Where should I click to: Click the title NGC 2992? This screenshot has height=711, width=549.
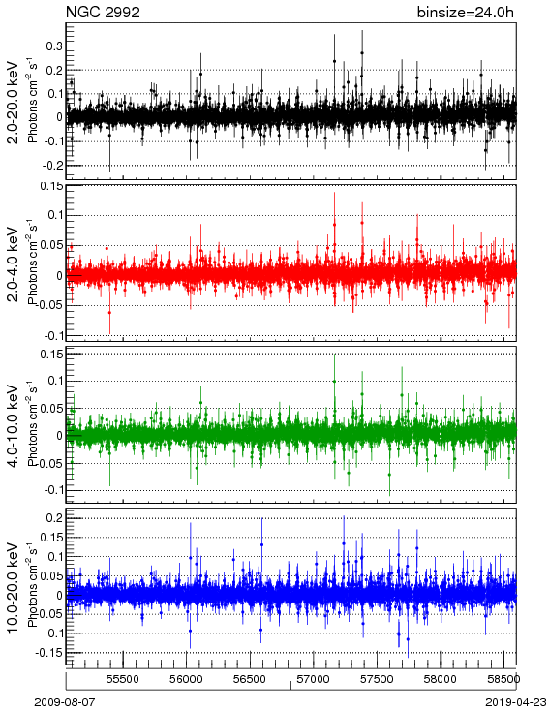[x=103, y=13]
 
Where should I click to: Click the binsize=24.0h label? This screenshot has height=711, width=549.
[x=466, y=13]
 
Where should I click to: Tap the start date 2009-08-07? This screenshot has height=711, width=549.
[x=65, y=702]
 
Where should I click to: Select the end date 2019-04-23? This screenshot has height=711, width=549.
[x=516, y=702]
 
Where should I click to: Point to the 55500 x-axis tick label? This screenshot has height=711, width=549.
[x=122, y=679]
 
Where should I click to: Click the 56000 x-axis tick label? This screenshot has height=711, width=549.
[x=186, y=679]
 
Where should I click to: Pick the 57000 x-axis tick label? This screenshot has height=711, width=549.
[x=314, y=679]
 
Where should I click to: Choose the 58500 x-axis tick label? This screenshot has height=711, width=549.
[x=503, y=679]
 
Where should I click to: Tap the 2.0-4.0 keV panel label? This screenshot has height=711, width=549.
[x=13, y=263]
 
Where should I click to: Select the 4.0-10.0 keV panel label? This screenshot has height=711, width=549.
[x=13, y=426]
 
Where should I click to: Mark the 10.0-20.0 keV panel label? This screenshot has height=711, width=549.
[x=13, y=588]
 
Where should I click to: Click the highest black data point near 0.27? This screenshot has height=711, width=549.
[x=362, y=52]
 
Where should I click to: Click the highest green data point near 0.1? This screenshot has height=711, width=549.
[x=335, y=382]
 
